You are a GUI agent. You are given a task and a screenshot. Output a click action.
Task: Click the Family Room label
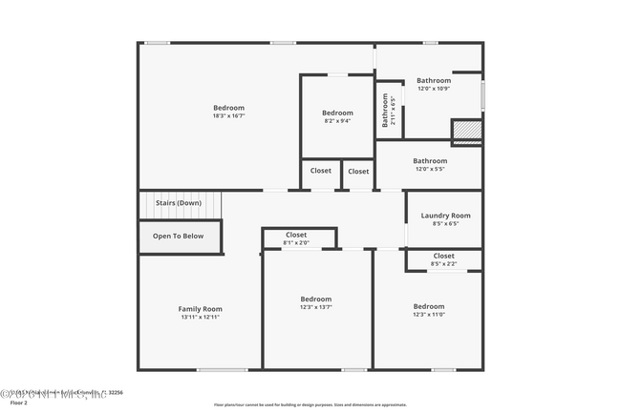[x=200, y=308]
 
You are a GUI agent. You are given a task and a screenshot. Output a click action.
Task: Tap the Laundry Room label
[x=445, y=216]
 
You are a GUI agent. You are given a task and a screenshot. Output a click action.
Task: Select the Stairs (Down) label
[x=179, y=202]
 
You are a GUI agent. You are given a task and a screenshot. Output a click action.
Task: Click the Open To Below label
[x=179, y=236]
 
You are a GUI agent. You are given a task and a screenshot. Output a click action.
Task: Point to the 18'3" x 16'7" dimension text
[x=228, y=115]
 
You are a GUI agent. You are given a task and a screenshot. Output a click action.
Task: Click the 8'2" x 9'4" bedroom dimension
[x=337, y=121]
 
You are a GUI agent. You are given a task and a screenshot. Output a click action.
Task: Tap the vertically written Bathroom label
[x=386, y=108]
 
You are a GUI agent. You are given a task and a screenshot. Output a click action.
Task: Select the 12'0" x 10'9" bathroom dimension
[x=433, y=89]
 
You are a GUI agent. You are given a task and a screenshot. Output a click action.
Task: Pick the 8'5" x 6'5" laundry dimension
[x=445, y=224]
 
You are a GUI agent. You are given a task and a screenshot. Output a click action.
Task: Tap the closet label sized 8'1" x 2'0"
[x=296, y=235]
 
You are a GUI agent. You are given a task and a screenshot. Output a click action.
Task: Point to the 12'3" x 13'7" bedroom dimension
[x=315, y=307]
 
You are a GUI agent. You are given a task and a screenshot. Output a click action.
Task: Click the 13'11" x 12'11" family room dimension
[x=200, y=317]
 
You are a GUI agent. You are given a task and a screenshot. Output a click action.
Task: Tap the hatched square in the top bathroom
[x=465, y=131]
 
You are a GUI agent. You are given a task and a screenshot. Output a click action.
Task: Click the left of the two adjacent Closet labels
[x=321, y=171]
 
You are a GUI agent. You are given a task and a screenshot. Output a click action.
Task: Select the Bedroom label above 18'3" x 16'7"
[x=228, y=107]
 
